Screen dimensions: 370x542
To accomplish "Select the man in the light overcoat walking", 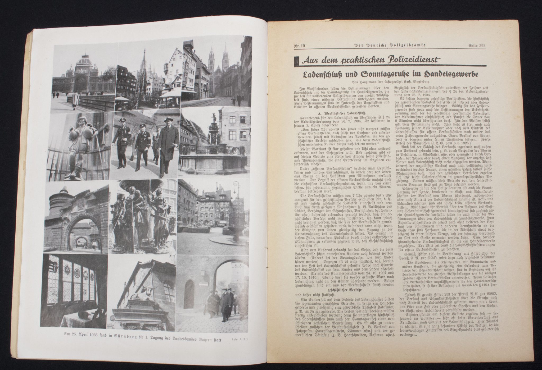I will (166, 144).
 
